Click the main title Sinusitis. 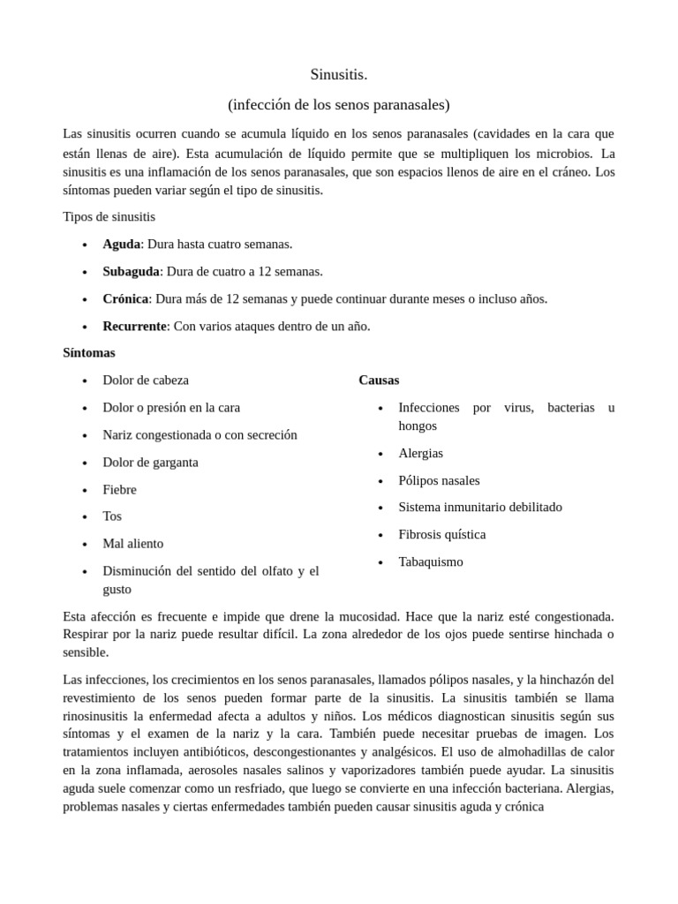click(x=338, y=74)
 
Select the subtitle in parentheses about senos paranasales click(x=338, y=104)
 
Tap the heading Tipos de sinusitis click(x=109, y=216)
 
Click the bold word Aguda click(x=121, y=244)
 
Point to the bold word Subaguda click(x=131, y=271)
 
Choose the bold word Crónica click(x=125, y=298)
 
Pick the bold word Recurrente click(x=134, y=326)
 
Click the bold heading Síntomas click(x=89, y=352)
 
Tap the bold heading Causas click(x=379, y=380)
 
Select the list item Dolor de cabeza click(x=146, y=380)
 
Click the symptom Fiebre click(x=119, y=489)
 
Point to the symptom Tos click(x=112, y=516)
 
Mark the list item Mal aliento click(x=132, y=543)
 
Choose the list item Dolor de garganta click(x=150, y=462)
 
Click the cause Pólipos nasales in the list click(x=439, y=480)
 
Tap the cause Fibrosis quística click(x=441, y=534)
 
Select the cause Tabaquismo click(x=430, y=561)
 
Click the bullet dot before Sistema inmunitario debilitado click(x=380, y=508)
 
